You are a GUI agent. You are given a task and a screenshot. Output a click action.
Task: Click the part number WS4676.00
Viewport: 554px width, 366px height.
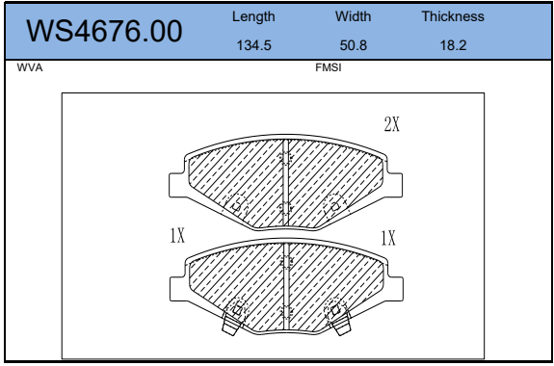point(104,31)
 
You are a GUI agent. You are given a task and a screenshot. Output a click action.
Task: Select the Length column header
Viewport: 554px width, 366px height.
point(253,17)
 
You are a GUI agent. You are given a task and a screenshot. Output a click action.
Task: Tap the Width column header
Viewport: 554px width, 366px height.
point(353,16)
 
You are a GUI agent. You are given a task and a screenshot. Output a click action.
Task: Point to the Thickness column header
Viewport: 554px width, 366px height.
point(453,16)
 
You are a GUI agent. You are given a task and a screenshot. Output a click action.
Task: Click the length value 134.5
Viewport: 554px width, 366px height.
point(253,45)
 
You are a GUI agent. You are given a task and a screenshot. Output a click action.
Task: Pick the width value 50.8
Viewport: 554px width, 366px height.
point(354,45)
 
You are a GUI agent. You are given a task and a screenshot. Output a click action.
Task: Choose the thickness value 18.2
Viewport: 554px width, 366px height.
point(453,45)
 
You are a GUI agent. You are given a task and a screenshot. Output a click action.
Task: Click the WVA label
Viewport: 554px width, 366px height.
point(30,67)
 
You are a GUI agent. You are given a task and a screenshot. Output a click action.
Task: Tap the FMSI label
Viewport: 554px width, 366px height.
point(329,67)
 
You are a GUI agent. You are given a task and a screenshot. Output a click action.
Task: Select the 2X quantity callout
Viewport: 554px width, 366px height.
point(392,124)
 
